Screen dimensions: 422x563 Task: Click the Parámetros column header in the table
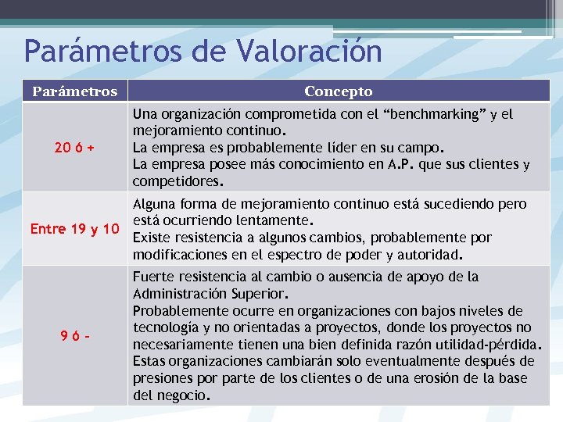pyautogui.click(x=75, y=91)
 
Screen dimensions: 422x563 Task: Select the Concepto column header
pyautogui.click(x=339, y=91)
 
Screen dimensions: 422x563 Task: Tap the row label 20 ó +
pyautogui.click(x=75, y=147)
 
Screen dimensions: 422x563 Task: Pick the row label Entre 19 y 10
pyautogui.click(x=75, y=229)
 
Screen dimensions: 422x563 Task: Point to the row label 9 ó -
pyautogui.click(x=75, y=335)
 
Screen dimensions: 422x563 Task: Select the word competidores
pyautogui.click(x=177, y=181)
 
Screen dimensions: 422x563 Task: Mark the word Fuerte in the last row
pyautogui.click(x=153, y=277)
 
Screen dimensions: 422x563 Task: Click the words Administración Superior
pyautogui.click(x=210, y=294)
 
